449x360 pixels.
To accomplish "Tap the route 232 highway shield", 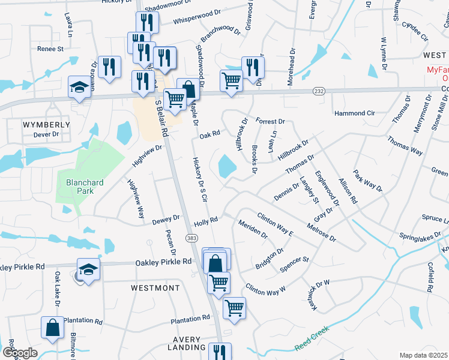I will [x=319, y=91].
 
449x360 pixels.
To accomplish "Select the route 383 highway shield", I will [x=191, y=238].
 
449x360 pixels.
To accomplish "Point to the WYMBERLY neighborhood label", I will [x=46, y=125].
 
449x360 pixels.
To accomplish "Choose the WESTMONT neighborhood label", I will [x=155, y=288].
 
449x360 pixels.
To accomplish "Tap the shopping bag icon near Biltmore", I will [x=52, y=328].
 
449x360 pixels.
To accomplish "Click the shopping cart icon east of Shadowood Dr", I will [x=231, y=80].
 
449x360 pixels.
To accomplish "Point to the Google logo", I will [x=20, y=353].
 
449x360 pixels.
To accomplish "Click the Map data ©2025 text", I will [x=424, y=355].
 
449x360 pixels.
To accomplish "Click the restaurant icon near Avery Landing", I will [x=220, y=353].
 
